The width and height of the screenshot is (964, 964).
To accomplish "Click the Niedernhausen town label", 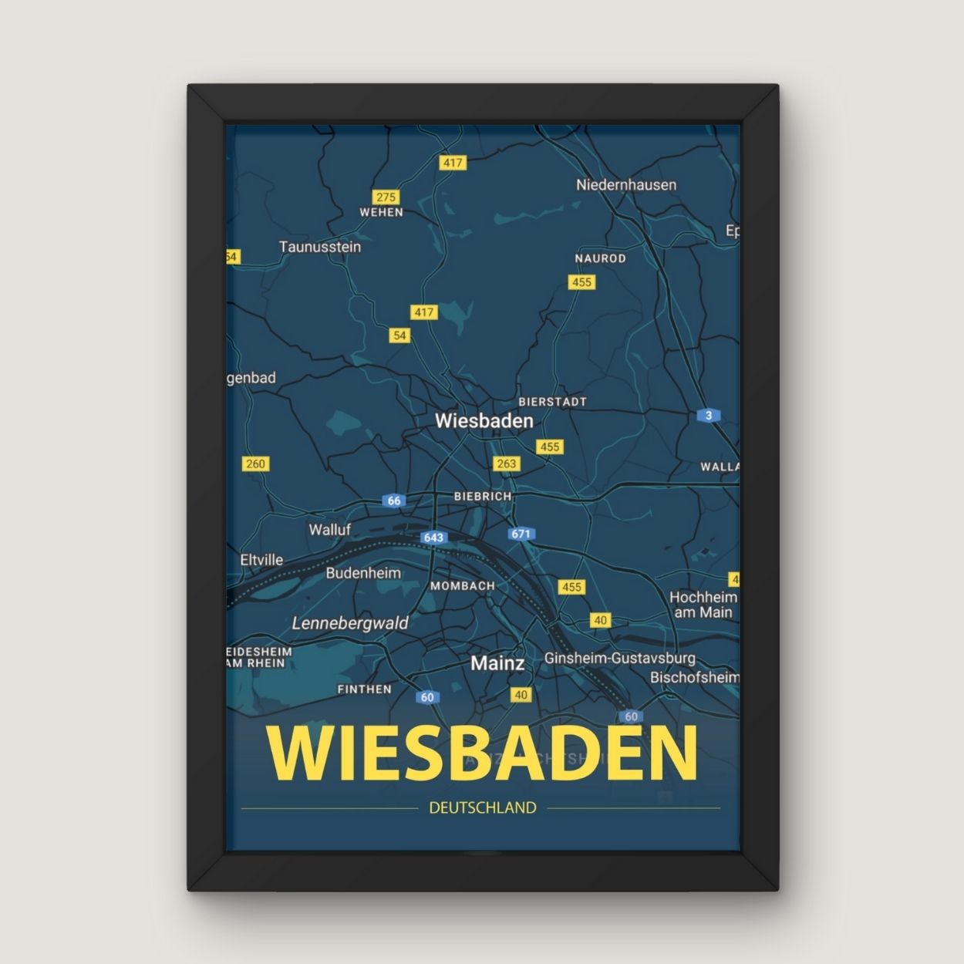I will click(625, 185).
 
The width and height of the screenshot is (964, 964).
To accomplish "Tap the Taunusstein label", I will click(319, 247).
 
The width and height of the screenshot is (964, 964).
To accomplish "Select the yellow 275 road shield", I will click(385, 197).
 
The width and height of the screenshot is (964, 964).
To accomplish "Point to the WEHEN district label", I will click(381, 212).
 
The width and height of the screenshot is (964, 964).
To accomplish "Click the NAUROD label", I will click(600, 258).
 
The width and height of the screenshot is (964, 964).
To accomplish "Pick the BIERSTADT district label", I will click(552, 402).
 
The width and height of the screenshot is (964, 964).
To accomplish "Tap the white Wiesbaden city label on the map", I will click(484, 421).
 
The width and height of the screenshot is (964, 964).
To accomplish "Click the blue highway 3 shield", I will click(709, 416).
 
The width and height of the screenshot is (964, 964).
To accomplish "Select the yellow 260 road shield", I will click(254, 463).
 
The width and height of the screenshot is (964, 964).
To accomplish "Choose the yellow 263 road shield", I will click(506, 463).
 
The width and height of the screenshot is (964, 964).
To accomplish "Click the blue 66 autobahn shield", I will click(394, 501).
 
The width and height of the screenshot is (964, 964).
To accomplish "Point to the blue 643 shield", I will click(433, 537).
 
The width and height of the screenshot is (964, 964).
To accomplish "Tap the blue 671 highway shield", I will click(521, 534).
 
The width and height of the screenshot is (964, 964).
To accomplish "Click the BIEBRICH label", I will click(483, 497).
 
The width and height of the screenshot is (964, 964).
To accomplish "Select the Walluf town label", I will click(329, 530).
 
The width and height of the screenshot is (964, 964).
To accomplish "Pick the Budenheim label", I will click(363, 573).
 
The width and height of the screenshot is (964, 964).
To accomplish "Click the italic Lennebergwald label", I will click(350, 623).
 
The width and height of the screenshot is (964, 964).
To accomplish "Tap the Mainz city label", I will click(497, 663).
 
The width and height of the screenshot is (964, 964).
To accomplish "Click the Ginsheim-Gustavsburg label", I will click(619, 659).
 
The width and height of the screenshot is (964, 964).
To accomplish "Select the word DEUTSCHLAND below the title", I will click(482, 808).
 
